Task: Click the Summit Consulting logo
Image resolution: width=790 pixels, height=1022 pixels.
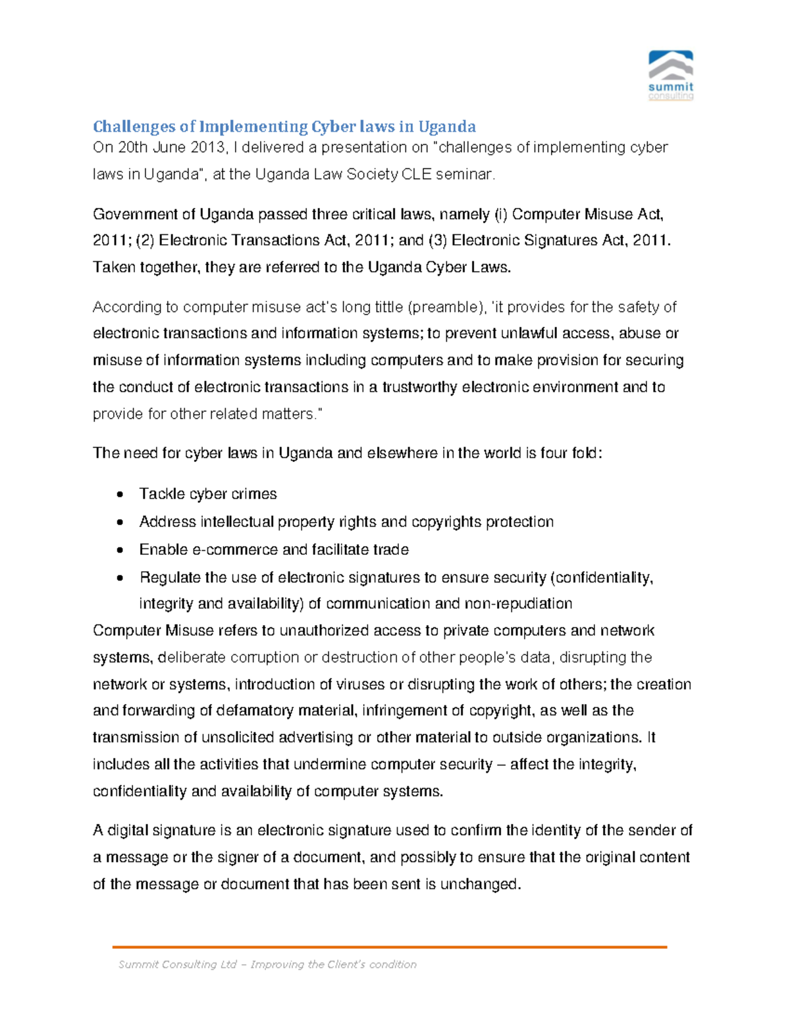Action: [671, 75]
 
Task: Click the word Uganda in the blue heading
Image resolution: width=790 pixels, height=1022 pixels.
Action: [447, 126]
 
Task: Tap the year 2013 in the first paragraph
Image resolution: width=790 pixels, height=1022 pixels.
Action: [208, 147]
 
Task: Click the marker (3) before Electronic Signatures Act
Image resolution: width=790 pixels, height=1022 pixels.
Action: [437, 240]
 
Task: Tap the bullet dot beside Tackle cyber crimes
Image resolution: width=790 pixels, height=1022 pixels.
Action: [119, 494]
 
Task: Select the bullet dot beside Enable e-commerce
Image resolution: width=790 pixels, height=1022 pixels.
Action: [119, 550]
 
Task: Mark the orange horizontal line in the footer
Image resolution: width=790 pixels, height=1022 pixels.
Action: [390, 946]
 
